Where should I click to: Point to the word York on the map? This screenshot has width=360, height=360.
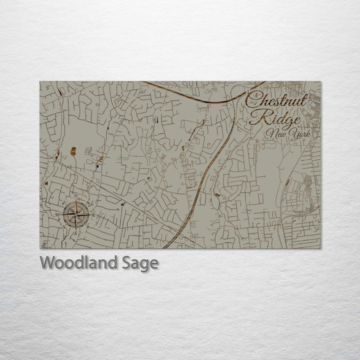[300, 134]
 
